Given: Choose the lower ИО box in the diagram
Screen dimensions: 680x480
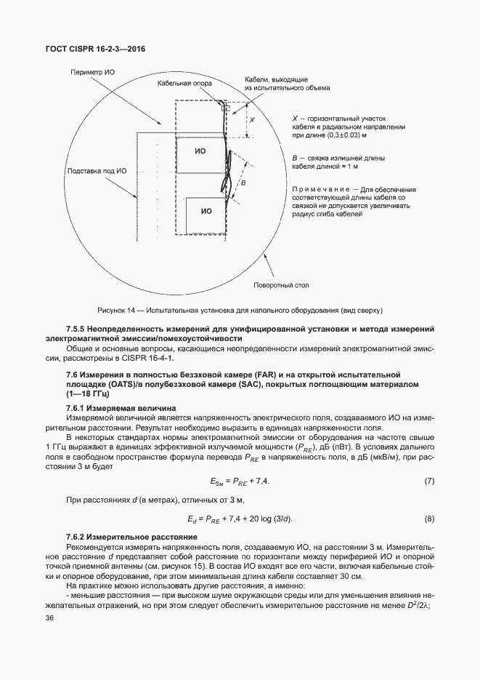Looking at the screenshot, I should (206, 211).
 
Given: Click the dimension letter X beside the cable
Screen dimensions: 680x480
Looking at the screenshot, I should (251, 119).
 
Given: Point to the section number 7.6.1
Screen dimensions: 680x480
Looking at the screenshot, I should (76, 407).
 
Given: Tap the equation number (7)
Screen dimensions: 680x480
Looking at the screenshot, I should (428, 481).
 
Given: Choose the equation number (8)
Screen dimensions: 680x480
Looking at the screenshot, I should (428, 518).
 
